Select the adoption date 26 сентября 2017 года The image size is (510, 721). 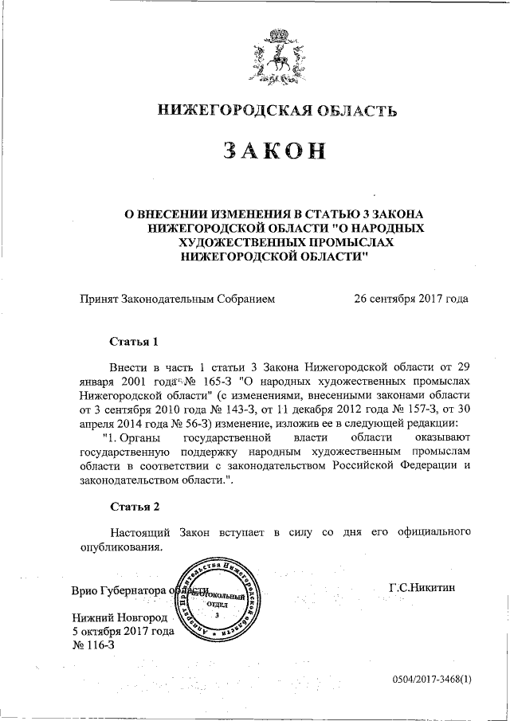[x=411, y=300]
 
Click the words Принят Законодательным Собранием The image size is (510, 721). [x=177, y=300]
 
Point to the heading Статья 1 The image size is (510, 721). [x=134, y=342]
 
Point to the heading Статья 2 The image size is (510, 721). [x=134, y=507]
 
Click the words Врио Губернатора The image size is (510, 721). [x=119, y=591]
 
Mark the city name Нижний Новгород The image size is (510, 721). [x=120, y=617]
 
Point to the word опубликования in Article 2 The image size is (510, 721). [x=122, y=547]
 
